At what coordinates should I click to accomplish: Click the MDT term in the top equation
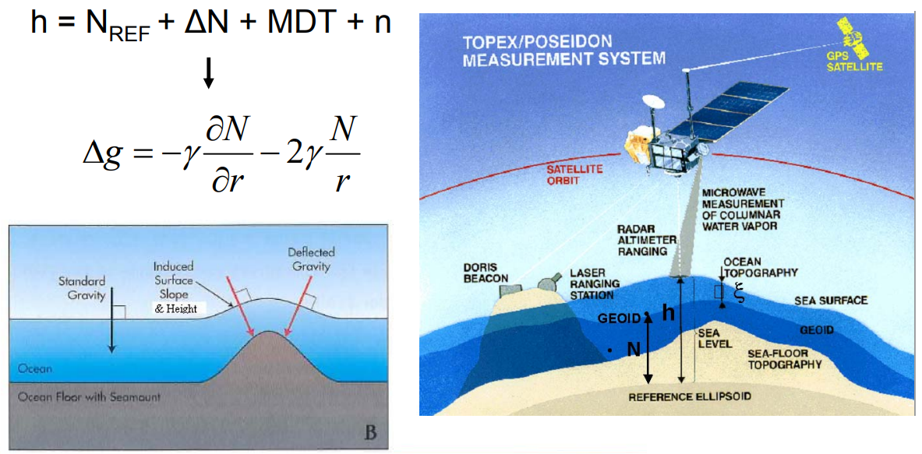click(x=300, y=23)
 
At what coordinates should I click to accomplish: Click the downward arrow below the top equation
click(x=208, y=73)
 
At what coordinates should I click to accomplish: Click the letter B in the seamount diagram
click(x=370, y=431)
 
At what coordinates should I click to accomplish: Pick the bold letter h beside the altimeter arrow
click(x=668, y=312)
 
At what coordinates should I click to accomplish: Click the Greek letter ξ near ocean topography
click(x=739, y=295)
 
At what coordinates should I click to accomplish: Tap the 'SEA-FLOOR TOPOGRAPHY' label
click(x=784, y=358)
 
